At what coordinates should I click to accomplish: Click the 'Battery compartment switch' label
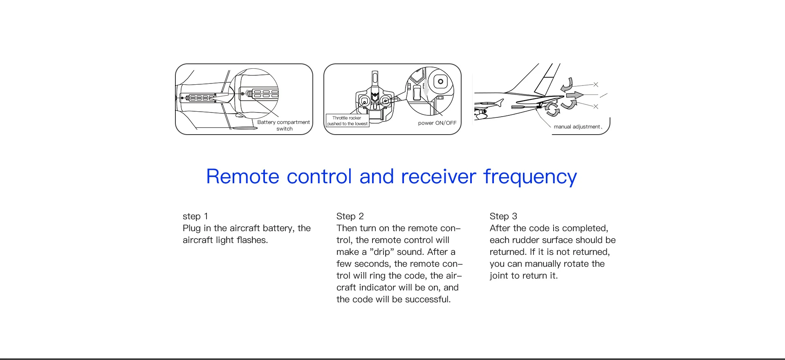(x=283, y=125)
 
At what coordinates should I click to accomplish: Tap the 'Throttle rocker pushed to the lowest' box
(x=348, y=121)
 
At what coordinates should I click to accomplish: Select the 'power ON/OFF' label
(x=437, y=123)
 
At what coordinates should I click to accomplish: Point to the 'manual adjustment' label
(x=577, y=127)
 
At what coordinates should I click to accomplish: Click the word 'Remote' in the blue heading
(x=242, y=177)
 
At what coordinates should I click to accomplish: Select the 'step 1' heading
(x=195, y=216)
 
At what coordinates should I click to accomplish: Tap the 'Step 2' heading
(x=350, y=216)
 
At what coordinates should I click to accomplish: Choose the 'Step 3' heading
(x=503, y=216)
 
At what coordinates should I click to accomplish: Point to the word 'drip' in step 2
(x=381, y=252)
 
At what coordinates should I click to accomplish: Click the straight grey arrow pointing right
(x=574, y=95)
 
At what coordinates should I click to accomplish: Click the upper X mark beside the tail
(x=596, y=85)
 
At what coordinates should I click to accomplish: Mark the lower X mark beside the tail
(x=596, y=107)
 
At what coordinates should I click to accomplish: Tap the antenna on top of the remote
(x=375, y=79)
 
